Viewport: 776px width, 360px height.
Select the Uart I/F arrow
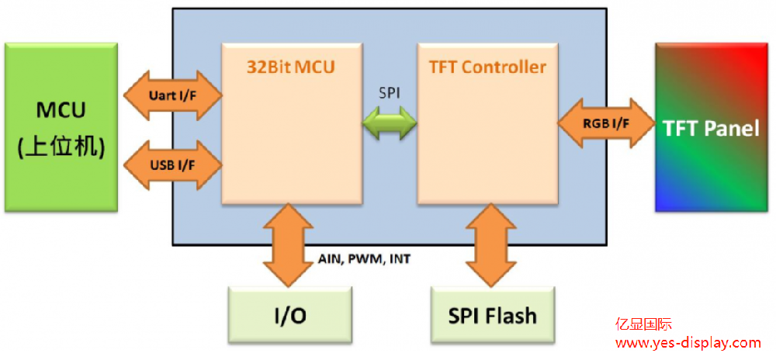(171, 95)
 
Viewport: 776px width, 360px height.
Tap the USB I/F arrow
(171, 164)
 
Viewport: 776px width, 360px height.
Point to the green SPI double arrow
(390, 123)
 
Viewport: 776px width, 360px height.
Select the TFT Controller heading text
(487, 67)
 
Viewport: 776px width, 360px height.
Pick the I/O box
(290, 314)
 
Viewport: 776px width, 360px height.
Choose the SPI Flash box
(492, 314)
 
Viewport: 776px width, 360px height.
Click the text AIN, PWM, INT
(364, 258)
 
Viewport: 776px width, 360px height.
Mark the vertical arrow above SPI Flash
(490, 244)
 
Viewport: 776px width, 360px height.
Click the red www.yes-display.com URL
(688, 342)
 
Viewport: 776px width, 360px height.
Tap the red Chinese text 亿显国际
(644, 324)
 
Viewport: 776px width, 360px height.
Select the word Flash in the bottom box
(511, 315)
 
